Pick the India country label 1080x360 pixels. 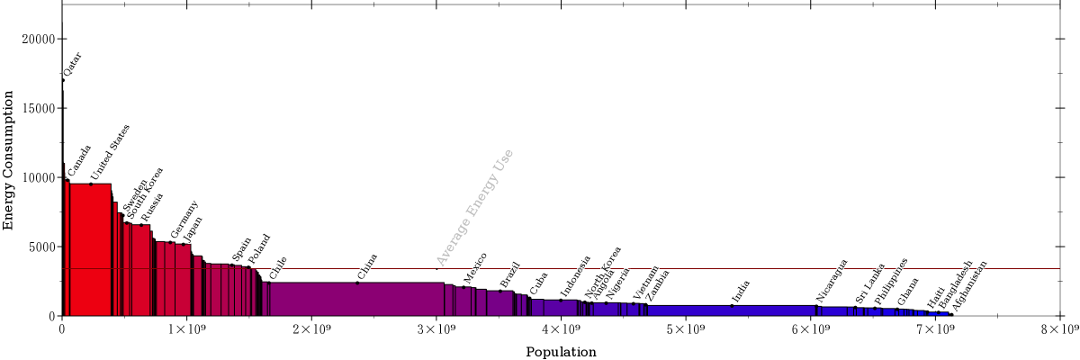coord(740,292)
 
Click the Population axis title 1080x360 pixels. coord(561,352)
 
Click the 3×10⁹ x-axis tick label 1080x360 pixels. coord(436,328)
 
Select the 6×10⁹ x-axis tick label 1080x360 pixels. coord(811,328)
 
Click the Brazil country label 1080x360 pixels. coord(510,274)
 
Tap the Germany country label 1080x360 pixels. coord(184,219)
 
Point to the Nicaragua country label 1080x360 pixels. coord(832,280)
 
